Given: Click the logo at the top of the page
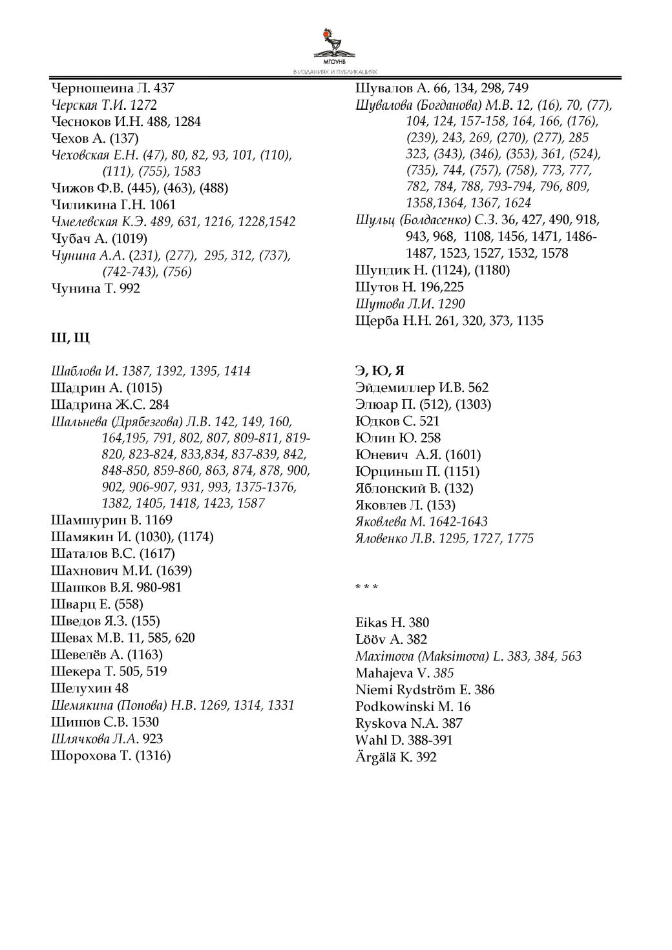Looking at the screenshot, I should tap(335, 45).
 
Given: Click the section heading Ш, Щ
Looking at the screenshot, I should tap(70, 338).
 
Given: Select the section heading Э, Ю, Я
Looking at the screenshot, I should tap(380, 371).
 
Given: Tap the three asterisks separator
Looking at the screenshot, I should tap(366, 587).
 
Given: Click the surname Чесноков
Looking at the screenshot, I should tap(81, 121).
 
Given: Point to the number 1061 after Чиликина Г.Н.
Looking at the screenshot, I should tap(162, 205).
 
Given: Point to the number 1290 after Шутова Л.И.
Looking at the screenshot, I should tap(451, 304).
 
